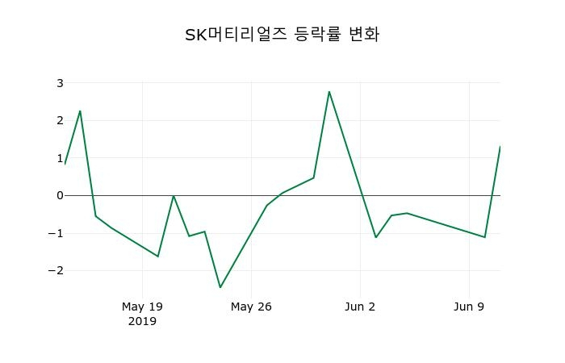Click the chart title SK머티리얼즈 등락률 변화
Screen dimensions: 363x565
tap(282, 35)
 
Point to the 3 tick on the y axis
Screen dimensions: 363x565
tap(60, 83)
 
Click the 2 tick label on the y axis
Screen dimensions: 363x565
tap(60, 120)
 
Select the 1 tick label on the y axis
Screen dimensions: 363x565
tap(60, 158)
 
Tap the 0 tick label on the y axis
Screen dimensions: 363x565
tap(60, 195)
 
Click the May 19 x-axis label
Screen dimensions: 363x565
tap(142, 307)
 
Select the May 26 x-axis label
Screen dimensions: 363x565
tap(251, 307)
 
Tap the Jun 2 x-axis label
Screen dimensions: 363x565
tap(360, 307)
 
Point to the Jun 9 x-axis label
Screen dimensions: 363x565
tap(469, 307)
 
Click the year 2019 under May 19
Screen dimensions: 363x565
tap(142, 321)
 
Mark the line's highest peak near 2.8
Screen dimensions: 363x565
tap(329, 92)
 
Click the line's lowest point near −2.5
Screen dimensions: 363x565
tap(220, 287)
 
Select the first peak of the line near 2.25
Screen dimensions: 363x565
tap(80, 111)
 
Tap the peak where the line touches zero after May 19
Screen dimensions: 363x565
tap(174, 195)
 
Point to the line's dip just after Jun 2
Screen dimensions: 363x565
tap(376, 237)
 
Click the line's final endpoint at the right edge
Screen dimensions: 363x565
tap(500, 147)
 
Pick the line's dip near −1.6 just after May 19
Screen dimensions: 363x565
tap(157, 257)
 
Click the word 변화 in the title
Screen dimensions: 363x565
tap(363, 35)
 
